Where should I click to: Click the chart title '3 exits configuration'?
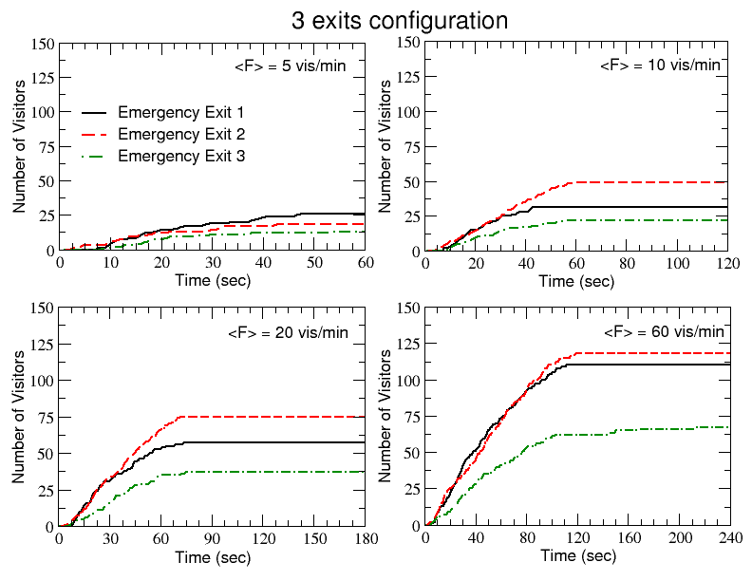(x=399, y=20)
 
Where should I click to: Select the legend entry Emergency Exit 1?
(x=182, y=112)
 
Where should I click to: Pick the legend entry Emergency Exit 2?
(x=182, y=134)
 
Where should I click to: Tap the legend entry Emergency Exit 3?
(x=182, y=157)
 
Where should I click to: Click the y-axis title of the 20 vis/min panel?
(x=18, y=416)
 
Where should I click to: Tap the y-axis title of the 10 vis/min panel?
(x=385, y=146)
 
